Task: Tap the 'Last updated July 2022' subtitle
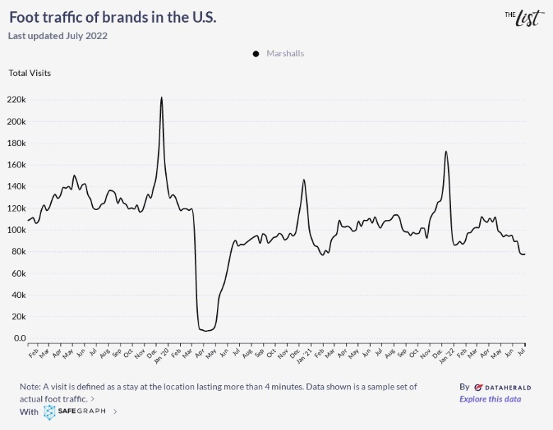(57, 35)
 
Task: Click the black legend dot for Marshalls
(256, 54)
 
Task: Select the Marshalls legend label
(285, 53)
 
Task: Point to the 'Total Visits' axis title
(30, 72)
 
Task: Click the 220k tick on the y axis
(16, 99)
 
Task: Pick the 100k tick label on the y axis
(16, 230)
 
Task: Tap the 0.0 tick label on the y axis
(19, 338)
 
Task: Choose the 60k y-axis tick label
(17, 273)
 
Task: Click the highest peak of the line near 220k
(162, 98)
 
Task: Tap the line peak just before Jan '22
(446, 151)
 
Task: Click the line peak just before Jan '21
(304, 180)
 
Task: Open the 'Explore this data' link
(490, 399)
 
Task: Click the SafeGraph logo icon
(50, 412)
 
